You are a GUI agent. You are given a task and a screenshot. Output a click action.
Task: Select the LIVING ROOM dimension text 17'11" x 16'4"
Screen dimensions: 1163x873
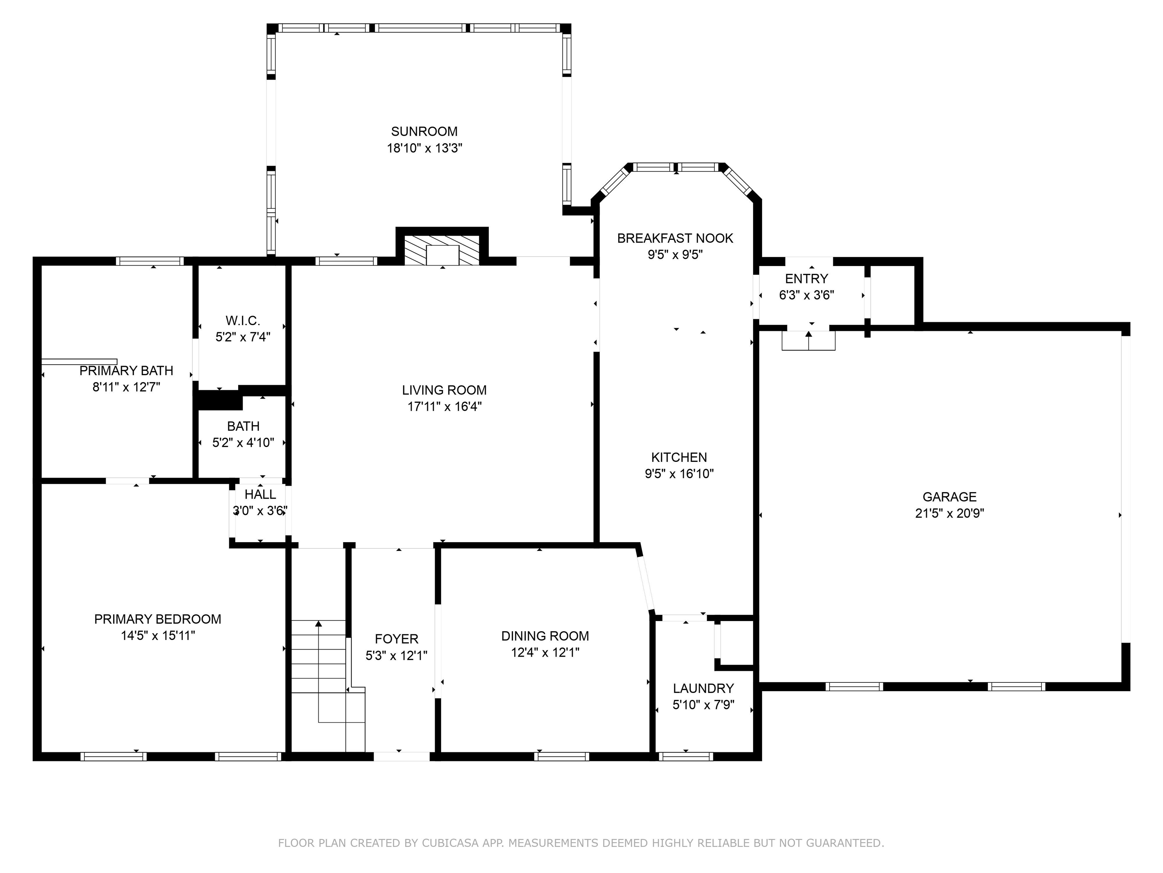[444, 406]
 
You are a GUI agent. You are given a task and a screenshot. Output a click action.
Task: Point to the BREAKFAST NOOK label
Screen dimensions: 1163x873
[675, 238]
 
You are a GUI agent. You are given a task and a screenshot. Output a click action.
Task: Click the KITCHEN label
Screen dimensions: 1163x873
[679, 457]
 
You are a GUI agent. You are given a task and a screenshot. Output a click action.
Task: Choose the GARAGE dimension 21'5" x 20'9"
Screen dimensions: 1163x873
[949, 513]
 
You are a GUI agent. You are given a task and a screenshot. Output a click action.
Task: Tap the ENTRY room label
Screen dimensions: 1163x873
[806, 278]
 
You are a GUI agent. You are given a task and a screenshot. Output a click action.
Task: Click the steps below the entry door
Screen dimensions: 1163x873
[809, 341]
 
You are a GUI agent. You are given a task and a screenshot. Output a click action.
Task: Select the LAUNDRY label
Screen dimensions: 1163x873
[703, 688]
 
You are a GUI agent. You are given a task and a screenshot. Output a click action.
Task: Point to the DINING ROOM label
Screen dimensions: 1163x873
[545, 636]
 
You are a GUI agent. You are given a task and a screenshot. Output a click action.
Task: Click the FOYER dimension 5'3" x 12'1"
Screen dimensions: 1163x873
[396, 656]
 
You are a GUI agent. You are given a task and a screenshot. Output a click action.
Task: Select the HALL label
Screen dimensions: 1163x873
[260, 494]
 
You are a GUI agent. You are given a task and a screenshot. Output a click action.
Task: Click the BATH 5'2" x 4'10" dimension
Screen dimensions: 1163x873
[243, 443]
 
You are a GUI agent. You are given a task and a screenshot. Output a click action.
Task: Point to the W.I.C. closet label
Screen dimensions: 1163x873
[243, 321]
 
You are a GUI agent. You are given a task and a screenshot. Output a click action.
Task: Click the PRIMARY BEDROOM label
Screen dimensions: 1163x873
[158, 620]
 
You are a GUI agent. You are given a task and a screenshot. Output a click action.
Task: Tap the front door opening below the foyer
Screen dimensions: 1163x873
[402, 757]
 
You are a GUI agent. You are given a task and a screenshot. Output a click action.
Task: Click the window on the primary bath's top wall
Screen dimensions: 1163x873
[150, 261]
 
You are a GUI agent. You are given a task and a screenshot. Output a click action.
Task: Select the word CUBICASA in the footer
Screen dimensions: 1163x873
[450, 843]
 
